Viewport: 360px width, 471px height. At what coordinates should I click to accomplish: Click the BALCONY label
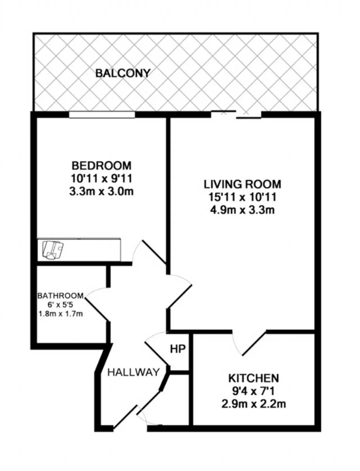[123, 73]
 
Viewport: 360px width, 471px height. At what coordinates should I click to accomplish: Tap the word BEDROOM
[101, 166]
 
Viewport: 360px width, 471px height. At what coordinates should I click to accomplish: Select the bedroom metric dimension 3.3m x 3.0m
[101, 191]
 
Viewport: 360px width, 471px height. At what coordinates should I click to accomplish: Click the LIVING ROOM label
[242, 184]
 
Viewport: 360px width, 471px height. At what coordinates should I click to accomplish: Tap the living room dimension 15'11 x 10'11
[242, 197]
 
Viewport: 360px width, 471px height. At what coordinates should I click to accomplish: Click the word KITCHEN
[254, 384]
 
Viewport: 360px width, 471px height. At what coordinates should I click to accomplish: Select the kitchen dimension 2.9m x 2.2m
[254, 410]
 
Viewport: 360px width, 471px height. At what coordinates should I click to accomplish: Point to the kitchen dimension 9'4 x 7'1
[254, 397]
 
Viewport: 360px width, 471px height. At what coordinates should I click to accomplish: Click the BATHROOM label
[60, 296]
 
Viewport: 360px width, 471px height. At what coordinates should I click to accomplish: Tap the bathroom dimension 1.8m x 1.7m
[60, 314]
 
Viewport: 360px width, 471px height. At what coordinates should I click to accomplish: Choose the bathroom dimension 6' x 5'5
[60, 305]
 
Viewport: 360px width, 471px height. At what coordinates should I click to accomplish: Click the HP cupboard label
[178, 349]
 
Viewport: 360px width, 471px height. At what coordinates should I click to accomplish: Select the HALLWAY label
[134, 372]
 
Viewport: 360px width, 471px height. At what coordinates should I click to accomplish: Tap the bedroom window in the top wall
[102, 115]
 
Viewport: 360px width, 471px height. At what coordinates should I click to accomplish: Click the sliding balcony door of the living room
[236, 114]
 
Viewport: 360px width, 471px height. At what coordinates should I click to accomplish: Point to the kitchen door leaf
[254, 343]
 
